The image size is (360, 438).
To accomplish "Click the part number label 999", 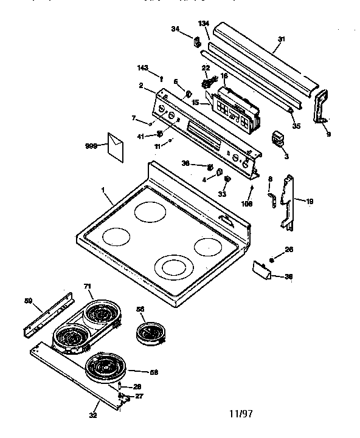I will coord(92,146).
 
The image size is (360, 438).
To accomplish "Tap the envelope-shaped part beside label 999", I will coord(114,145).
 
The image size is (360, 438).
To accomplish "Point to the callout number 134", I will coord(204,23).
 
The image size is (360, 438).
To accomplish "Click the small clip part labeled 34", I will coord(196,42).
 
